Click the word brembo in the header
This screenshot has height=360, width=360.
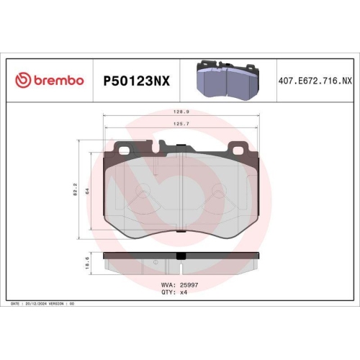coord(57,81)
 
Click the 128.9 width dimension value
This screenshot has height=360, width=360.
coord(181,112)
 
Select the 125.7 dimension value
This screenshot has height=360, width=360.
coord(181,124)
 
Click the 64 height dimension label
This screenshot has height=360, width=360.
coord(88,191)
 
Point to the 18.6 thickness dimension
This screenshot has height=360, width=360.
coord(88,264)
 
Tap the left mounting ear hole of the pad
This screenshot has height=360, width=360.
coord(124,150)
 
